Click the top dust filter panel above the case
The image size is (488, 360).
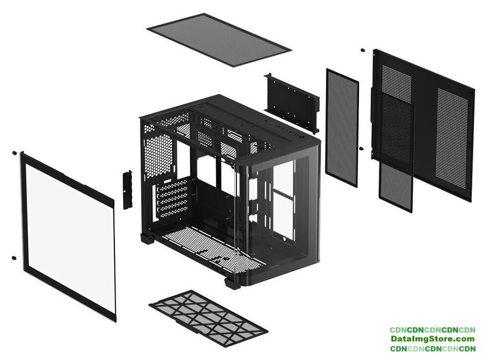tap(219, 39)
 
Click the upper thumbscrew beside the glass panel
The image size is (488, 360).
tap(14, 153)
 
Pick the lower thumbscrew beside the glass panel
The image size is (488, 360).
tap(13, 258)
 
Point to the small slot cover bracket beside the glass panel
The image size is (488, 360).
tap(127, 189)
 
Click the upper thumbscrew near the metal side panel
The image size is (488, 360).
tap(363, 50)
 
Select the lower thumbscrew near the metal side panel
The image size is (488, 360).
tap(361, 149)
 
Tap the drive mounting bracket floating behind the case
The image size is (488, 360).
tap(292, 102)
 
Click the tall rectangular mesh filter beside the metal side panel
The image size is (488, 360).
tap(342, 127)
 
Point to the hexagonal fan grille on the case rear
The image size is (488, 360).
tap(158, 156)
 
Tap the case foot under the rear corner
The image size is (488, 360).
tap(148, 238)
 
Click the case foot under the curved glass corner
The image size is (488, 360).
tap(232, 283)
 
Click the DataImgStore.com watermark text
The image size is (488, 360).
tap(432, 339)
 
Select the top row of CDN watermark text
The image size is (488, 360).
tap(432, 330)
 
